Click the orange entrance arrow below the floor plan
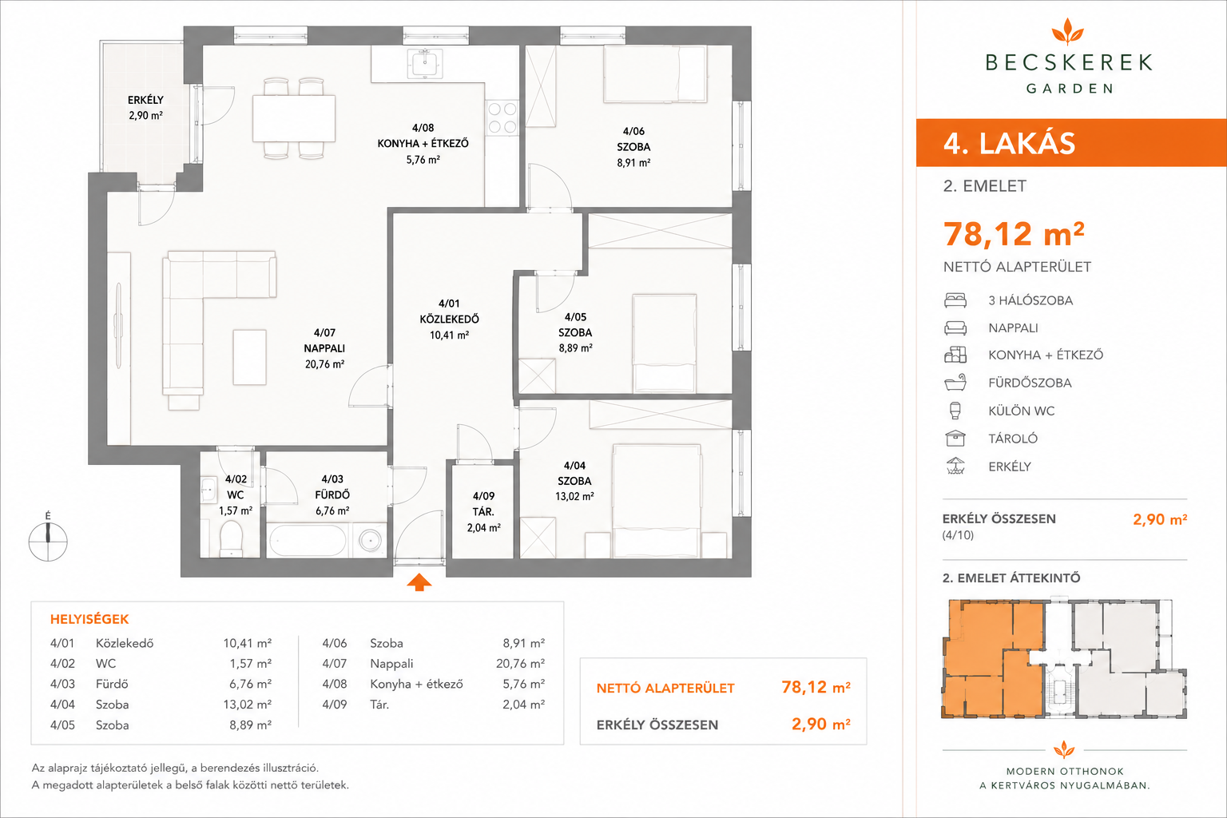point(419,582)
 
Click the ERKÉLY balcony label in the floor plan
point(145,107)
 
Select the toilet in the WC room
point(231,538)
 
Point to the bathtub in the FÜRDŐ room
point(307,541)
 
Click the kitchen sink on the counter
point(424,63)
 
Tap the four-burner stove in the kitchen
point(502,117)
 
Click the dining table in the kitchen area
point(294,118)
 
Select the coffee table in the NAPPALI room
point(250,357)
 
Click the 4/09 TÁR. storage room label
point(483,512)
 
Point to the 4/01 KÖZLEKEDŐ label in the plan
point(449,319)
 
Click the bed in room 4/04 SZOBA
point(657,501)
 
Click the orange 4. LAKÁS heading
point(1010,143)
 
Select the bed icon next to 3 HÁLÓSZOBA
point(955,300)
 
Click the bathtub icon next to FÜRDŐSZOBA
point(955,383)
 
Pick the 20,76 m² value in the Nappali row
point(520,664)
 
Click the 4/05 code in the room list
point(62,725)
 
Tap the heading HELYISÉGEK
point(89,619)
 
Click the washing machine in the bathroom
point(370,541)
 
